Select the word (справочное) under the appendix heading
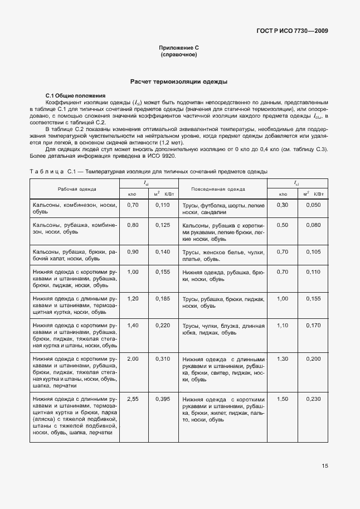click(x=179, y=56)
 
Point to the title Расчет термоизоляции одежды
click(x=179, y=81)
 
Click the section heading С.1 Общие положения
click(x=75, y=96)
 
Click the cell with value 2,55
click(x=133, y=399)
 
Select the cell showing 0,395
click(x=162, y=399)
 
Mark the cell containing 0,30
click(x=283, y=205)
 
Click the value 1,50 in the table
click(x=283, y=399)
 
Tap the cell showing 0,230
click(x=313, y=399)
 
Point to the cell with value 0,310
click(x=162, y=358)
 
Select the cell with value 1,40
click(x=133, y=325)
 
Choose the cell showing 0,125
click(x=162, y=225)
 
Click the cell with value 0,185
click(x=162, y=298)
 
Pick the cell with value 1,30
click(x=283, y=358)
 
